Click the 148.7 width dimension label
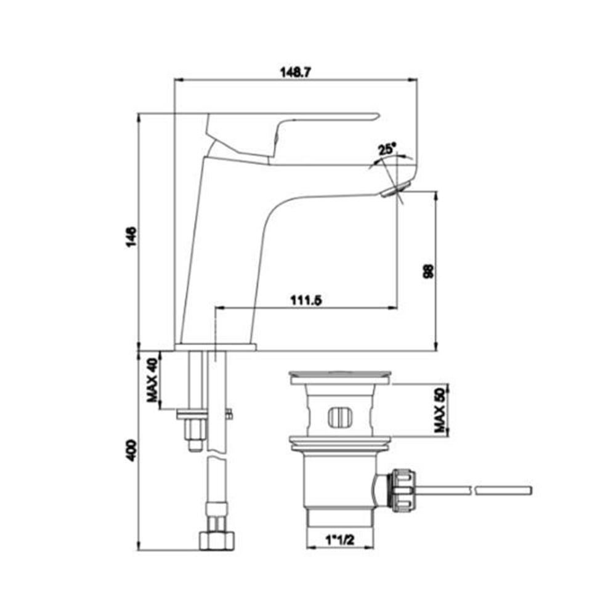pos(295,72)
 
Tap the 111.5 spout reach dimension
pos(306,300)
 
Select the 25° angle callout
pos(387,149)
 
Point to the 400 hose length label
pos(132,451)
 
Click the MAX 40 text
pos(152,380)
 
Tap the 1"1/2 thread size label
pos(340,540)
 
